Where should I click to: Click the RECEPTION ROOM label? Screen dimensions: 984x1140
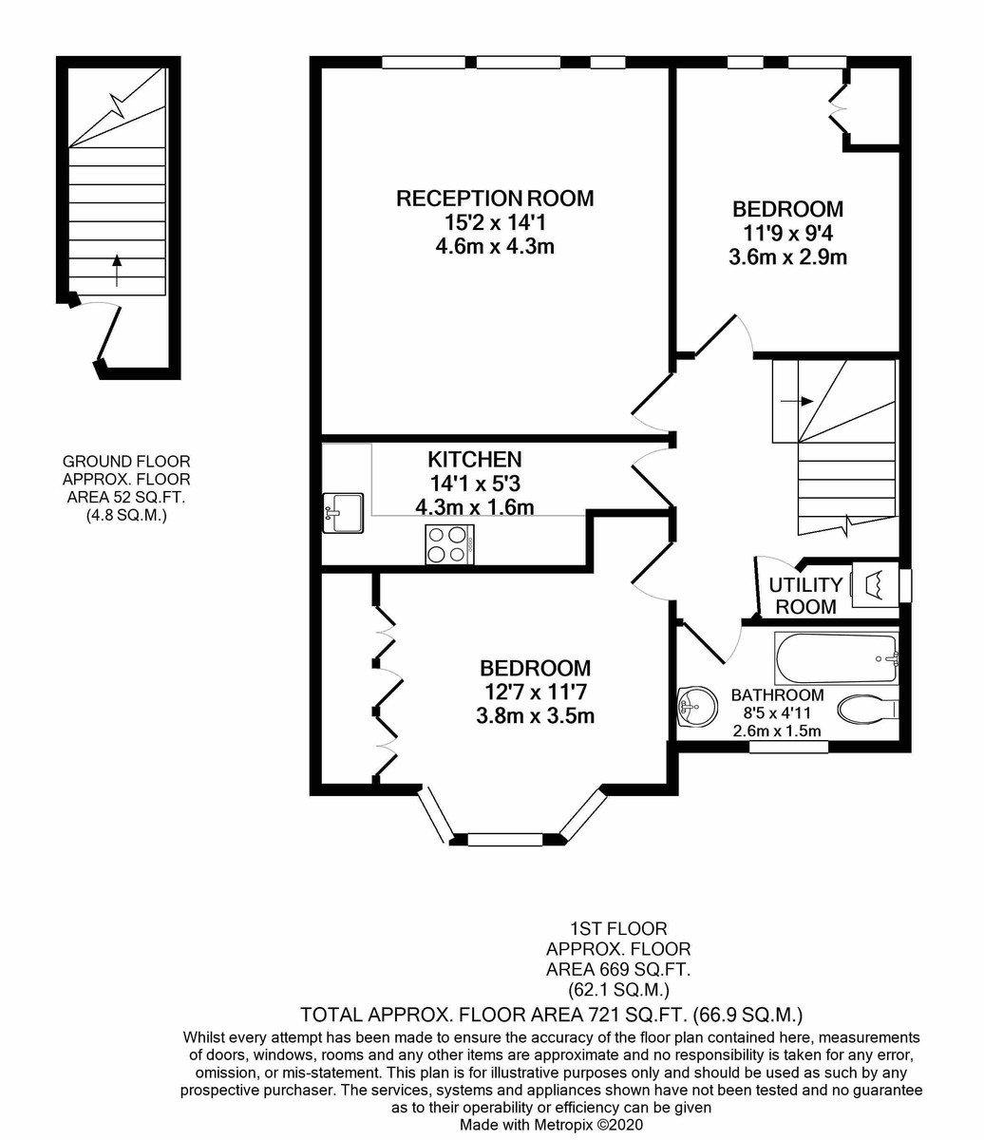(x=495, y=198)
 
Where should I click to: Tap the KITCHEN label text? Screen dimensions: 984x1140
(x=474, y=460)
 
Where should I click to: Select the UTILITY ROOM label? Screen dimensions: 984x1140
(x=805, y=596)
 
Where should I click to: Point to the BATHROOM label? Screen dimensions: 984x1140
(x=777, y=694)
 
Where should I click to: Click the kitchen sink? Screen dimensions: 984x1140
(x=343, y=513)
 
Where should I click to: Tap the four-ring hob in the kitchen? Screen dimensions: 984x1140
(x=449, y=544)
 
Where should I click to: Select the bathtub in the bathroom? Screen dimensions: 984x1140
(x=836, y=658)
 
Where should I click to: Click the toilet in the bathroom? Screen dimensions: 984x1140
(x=867, y=710)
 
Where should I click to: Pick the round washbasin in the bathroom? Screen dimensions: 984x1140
(x=697, y=706)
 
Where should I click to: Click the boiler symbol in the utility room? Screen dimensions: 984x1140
(x=876, y=584)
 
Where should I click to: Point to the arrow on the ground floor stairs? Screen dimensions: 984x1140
(x=117, y=270)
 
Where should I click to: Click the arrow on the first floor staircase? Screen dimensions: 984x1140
(x=798, y=401)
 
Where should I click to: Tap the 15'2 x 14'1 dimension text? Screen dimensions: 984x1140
(x=495, y=222)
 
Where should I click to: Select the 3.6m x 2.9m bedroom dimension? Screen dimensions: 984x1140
(x=787, y=257)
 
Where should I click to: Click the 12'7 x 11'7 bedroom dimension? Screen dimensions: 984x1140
(x=535, y=692)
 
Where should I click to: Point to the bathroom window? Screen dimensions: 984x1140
(x=788, y=747)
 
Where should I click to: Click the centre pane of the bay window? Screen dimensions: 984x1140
(x=505, y=840)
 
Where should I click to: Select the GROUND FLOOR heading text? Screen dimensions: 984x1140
(x=126, y=461)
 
